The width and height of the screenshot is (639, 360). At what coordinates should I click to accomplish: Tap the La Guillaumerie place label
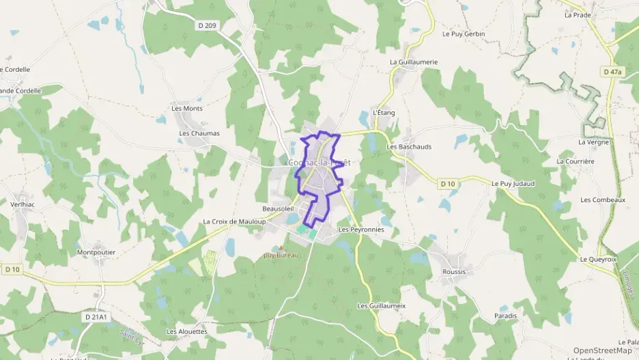414,61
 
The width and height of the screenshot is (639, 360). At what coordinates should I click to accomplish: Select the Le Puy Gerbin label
464,33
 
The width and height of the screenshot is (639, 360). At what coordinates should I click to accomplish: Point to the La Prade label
578,14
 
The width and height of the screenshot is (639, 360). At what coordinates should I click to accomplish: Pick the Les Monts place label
187,108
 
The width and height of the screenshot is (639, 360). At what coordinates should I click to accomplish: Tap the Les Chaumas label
199,133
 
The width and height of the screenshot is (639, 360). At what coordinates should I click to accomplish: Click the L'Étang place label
384,113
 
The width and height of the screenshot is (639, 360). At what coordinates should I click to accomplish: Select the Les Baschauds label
409,146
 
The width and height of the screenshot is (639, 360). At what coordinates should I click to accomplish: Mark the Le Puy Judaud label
513,183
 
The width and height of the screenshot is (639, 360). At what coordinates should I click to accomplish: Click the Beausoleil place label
278,208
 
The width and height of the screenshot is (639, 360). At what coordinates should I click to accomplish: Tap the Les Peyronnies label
361,230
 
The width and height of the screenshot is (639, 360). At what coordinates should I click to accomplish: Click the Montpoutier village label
96,252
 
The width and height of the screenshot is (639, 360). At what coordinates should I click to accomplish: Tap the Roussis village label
454,271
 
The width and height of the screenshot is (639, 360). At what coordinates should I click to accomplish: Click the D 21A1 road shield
98,318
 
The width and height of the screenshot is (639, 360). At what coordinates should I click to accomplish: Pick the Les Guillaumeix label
382,305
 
